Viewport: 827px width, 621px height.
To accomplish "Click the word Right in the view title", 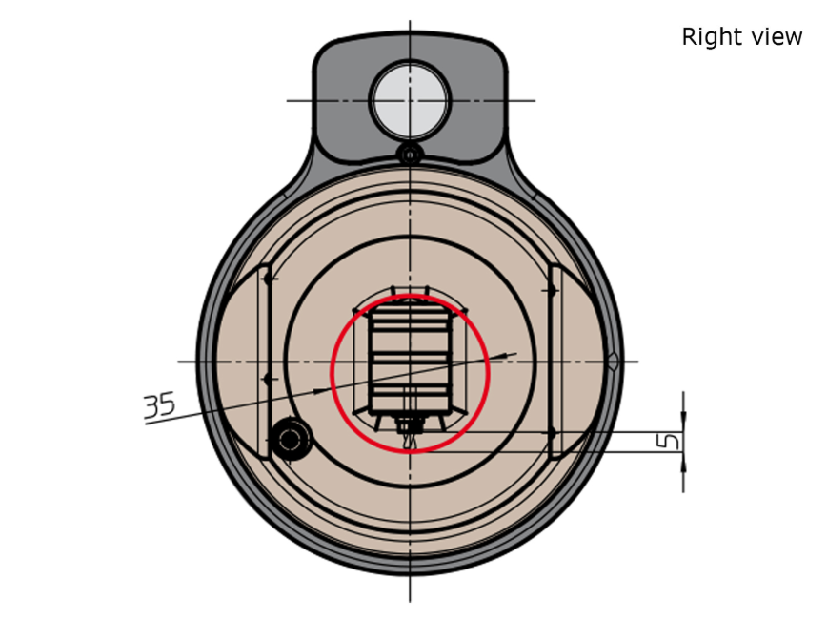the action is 707,37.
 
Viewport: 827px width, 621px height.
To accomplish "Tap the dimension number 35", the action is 159,405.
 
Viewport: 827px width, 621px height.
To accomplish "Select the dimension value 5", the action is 669,441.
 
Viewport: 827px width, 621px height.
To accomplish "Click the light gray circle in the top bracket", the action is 410,100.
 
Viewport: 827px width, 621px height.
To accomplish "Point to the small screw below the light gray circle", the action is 410,155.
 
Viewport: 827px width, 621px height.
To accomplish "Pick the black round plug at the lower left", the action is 290,439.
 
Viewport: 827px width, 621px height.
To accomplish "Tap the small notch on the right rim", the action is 613,362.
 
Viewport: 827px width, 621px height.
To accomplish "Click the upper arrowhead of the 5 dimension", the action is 683,421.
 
